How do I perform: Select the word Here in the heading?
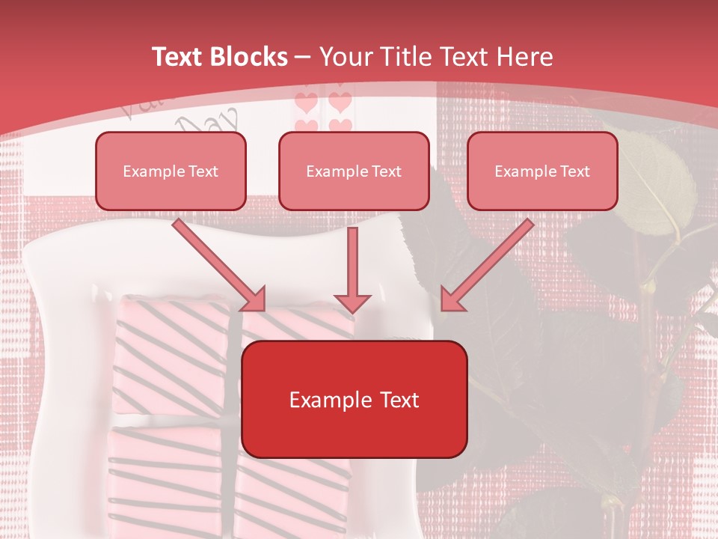pyautogui.click(x=523, y=57)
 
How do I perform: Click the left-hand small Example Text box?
pyautogui.click(x=171, y=171)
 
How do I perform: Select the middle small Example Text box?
pyautogui.click(x=354, y=171)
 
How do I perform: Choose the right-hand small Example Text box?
pyautogui.click(x=542, y=171)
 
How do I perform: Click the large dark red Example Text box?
pyautogui.click(x=354, y=399)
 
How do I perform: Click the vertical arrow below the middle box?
pyautogui.click(x=352, y=269)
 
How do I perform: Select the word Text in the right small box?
pyautogui.click(x=574, y=171)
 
